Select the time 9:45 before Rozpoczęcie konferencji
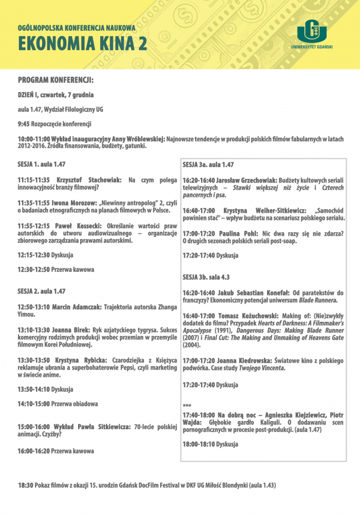click(24, 124)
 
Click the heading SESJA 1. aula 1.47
click(42, 164)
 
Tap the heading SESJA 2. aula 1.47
click(42, 291)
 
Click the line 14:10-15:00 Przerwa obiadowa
click(58, 404)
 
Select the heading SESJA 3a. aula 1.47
click(209, 164)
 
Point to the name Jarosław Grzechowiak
click(244, 181)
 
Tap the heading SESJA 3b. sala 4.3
click(206, 278)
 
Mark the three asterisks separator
click(187, 406)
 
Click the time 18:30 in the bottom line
click(25, 485)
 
